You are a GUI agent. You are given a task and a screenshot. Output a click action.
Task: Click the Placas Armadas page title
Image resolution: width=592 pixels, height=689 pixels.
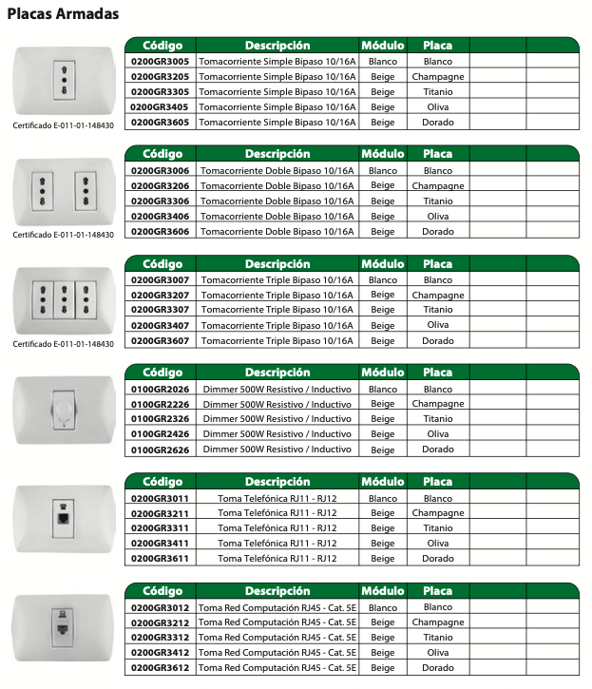63,14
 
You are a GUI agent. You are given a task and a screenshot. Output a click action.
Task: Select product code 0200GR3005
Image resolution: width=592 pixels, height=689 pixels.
160,61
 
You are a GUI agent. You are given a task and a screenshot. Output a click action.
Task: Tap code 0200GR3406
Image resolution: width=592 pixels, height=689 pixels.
160,216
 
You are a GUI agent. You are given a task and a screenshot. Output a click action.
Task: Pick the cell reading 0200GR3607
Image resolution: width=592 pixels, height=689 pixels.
160,340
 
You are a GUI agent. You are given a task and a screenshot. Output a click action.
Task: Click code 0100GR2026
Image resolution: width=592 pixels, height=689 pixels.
160,388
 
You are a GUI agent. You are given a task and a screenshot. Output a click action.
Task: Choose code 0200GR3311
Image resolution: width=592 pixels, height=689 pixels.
160,527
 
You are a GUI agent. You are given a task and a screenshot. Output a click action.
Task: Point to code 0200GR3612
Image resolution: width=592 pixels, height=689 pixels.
160,668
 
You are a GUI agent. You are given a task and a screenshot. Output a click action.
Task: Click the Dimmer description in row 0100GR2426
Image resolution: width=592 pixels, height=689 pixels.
277,434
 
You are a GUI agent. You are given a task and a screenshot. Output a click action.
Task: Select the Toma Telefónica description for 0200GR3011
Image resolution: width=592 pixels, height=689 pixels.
277,497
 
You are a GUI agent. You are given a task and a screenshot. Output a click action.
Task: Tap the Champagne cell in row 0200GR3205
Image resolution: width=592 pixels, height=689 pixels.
438,76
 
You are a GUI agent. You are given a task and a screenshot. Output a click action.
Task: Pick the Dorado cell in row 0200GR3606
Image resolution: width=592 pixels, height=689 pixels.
438,231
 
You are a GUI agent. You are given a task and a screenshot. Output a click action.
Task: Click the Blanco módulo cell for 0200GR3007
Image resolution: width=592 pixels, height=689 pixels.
383,279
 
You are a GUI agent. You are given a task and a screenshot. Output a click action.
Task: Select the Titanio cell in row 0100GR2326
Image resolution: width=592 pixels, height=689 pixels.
438,419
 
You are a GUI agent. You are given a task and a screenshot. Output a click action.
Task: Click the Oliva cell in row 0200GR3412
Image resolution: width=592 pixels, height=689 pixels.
438,653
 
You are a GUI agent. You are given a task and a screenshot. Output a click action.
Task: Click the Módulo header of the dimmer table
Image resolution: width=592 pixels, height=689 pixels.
383,373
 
